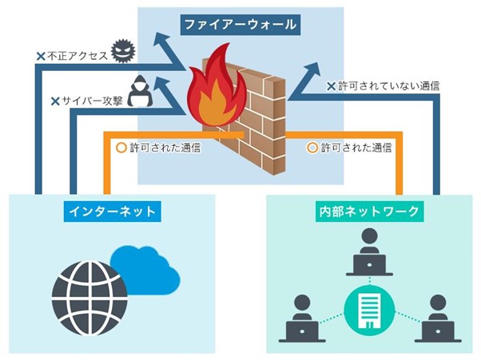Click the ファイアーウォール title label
pos(240,24)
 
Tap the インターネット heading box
pos(112,212)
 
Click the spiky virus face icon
pos(121,49)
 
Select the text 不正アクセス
pos(77,57)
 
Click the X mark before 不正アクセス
pos(40,57)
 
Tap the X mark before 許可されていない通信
pos(330,85)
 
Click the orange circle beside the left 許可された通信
pos(121,148)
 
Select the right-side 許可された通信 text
pos(356,148)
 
